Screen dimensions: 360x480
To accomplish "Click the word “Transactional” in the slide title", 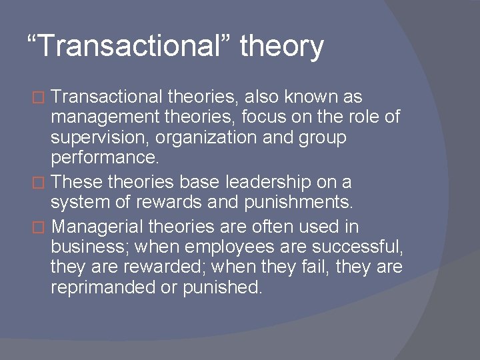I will coord(127,47).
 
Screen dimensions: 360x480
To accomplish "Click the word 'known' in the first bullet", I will coord(304,97).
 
